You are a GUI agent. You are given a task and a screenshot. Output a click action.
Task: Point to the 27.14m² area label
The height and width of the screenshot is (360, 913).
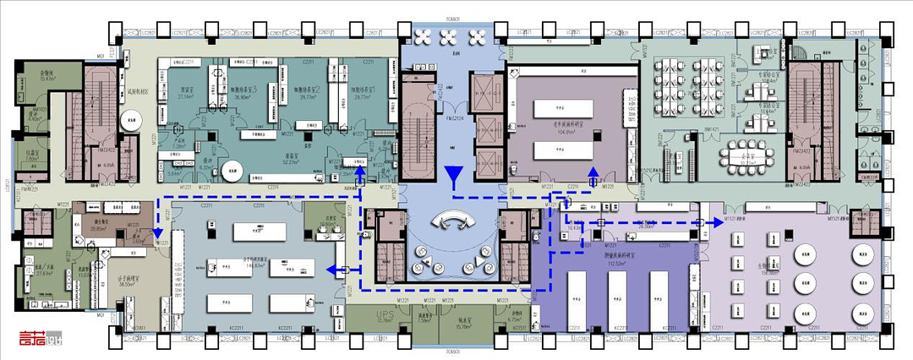click(186, 97)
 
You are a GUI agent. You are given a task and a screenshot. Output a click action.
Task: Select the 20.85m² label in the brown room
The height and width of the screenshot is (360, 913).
click(99, 228)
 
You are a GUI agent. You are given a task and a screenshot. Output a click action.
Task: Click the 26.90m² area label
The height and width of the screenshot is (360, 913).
click(243, 97)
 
